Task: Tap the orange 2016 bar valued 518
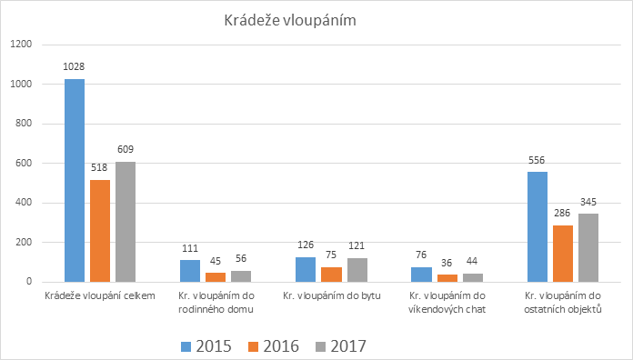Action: coord(100,231)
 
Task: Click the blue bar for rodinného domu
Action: coord(189,271)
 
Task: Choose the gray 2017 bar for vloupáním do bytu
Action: coord(357,270)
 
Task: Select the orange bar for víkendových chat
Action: coord(447,278)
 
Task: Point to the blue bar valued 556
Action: coord(537,226)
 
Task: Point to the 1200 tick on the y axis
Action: coord(22,45)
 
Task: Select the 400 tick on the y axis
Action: coord(25,203)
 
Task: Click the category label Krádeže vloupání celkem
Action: coord(99,295)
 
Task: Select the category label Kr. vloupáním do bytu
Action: coord(331,295)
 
